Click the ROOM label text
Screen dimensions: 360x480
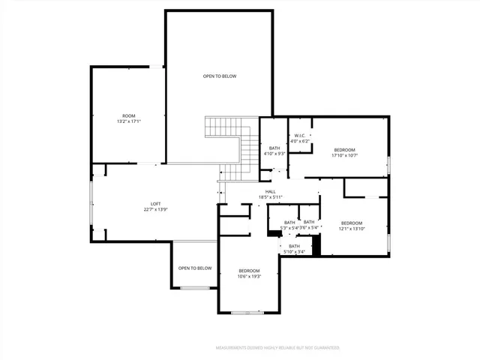click(129, 115)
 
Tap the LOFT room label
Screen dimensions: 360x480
click(156, 204)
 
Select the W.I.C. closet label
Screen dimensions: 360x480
click(300, 136)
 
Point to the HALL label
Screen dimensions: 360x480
click(270, 191)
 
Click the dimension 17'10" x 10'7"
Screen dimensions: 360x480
click(345, 156)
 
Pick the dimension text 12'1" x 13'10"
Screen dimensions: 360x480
click(351, 229)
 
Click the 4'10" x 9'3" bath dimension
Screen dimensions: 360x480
click(275, 154)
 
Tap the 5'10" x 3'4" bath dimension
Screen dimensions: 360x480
click(294, 252)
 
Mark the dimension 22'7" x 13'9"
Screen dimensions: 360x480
click(156, 210)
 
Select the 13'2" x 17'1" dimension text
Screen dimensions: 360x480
click(129, 121)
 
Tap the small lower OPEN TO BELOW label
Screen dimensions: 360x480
click(195, 268)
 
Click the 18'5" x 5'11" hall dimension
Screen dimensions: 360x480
click(270, 197)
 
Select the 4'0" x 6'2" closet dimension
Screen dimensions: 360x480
click(300, 141)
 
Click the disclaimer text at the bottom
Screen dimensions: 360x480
click(277, 348)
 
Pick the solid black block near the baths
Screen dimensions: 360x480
click(316, 246)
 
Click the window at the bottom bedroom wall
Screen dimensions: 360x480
click(248, 311)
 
